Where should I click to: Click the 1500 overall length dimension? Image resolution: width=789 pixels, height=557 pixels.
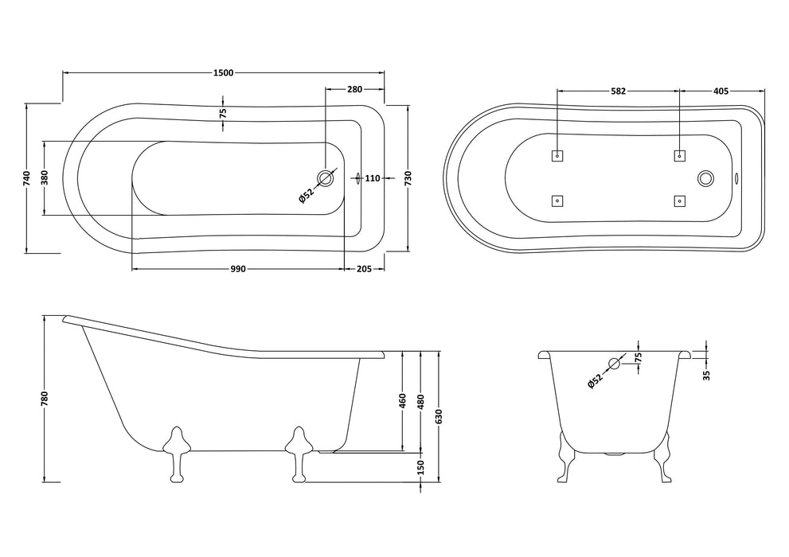pyautogui.click(x=223, y=73)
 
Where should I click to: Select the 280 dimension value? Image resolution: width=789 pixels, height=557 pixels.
pyautogui.click(x=356, y=89)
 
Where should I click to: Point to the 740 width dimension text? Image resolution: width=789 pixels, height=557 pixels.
pyautogui.click(x=27, y=178)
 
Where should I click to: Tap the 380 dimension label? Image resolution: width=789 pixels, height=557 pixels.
pyautogui.click(x=45, y=178)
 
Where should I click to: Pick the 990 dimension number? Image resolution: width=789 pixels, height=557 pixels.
pyautogui.click(x=237, y=269)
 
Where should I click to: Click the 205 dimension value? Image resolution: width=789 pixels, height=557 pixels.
pyautogui.click(x=365, y=269)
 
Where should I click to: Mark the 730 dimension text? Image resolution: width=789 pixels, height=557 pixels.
pyautogui.click(x=408, y=178)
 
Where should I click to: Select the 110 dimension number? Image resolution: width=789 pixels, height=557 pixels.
pyautogui.click(x=373, y=178)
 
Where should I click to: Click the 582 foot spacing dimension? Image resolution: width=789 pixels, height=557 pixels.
pyautogui.click(x=618, y=92)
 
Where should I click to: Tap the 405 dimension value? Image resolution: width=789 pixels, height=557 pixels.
pyautogui.click(x=721, y=92)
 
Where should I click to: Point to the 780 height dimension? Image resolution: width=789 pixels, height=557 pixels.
pyautogui.click(x=45, y=398)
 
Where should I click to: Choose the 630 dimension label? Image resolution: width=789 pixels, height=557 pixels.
pyautogui.click(x=439, y=415)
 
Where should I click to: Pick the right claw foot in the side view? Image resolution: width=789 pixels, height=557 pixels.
pyautogui.click(x=299, y=452)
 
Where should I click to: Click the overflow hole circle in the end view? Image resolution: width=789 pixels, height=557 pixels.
pyautogui.click(x=614, y=364)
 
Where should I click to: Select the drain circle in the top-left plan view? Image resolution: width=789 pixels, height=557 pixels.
pyautogui.click(x=325, y=177)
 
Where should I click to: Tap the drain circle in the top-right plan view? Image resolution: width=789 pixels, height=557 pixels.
pyautogui.click(x=705, y=178)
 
